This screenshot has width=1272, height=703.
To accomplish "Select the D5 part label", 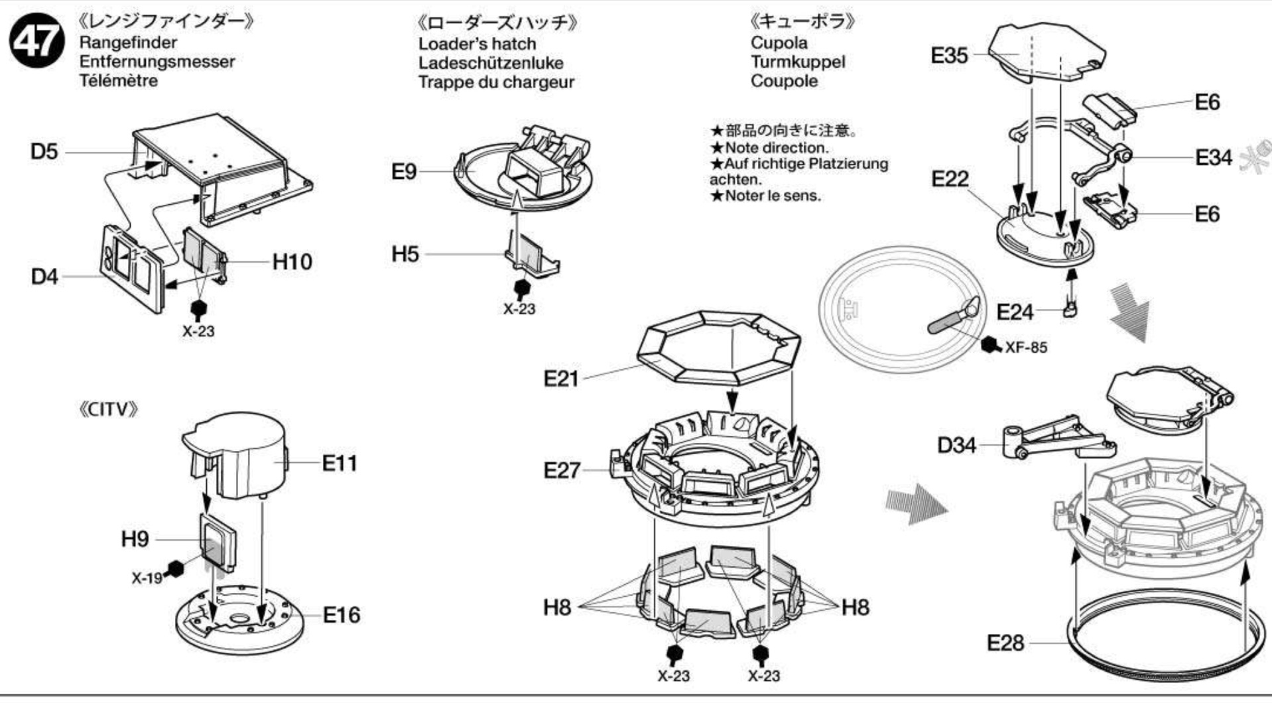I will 44,151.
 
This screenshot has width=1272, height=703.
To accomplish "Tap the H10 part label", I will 292,262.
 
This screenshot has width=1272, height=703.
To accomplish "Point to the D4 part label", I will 44,277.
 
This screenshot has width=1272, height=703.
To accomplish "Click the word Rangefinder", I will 128,42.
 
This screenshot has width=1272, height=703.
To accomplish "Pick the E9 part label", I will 404,172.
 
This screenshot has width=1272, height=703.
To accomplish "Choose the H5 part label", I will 405,254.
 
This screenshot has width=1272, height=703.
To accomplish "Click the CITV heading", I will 108,409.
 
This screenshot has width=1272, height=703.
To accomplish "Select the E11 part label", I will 340,463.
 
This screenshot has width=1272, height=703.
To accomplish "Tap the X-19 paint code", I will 147,578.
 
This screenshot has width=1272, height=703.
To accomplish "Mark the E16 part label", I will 342,615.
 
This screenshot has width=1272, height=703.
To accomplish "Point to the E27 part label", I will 562,470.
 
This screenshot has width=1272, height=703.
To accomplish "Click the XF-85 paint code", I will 1026,348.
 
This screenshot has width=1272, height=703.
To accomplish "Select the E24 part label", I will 1015,312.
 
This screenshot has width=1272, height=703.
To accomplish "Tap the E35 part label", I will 950,56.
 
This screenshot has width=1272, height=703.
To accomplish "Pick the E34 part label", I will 1214,158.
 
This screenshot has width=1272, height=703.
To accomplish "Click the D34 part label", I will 956,445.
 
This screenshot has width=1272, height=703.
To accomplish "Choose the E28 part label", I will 1005,643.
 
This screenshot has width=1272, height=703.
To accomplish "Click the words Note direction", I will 776,148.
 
